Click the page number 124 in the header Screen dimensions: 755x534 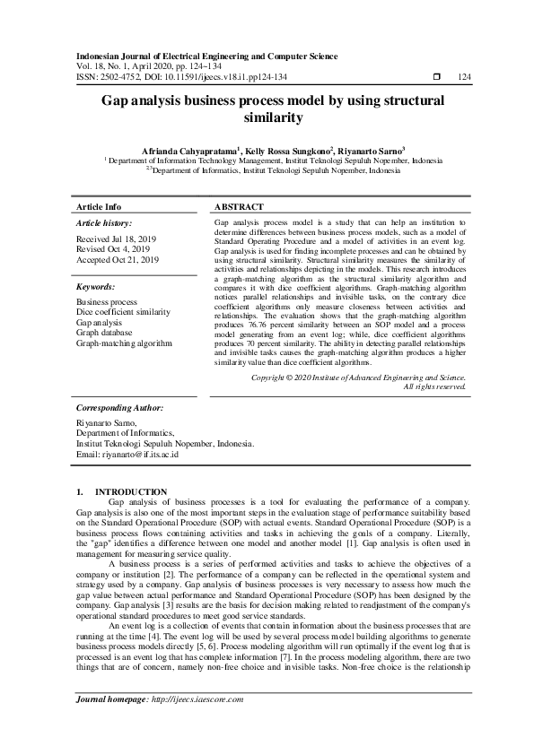[464, 77]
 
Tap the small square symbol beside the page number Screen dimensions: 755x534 [436, 77]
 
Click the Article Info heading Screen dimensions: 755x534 [99, 206]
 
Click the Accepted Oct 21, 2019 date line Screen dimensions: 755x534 [118, 260]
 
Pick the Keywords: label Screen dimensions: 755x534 [96, 287]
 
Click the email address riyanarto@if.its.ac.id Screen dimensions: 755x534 [127, 455]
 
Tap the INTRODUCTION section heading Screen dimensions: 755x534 [131, 491]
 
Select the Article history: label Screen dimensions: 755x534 [104, 222]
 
